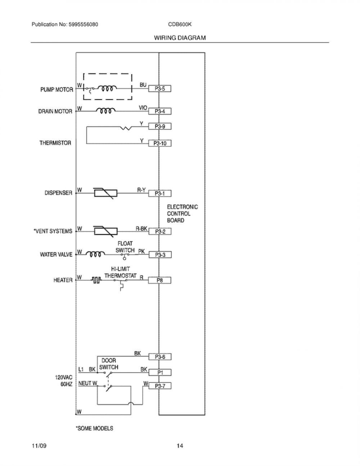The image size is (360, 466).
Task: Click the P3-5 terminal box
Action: [x=160, y=89]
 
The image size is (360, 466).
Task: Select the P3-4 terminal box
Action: [x=160, y=111]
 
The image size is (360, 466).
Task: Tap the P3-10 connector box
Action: [x=160, y=143]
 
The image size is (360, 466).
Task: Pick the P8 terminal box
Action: [x=159, y=280]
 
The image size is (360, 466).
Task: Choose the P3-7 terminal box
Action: [x=160, y=386]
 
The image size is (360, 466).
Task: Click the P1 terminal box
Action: [x=160, y=372]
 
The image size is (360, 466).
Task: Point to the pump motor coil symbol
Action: [x=108, y=88]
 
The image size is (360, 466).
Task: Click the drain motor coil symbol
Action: [x=106, y=111]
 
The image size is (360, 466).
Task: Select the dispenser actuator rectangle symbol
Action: [x=105, y=193]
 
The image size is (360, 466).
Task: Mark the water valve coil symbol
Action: [x=95, y=254]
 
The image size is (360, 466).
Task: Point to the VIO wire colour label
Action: [x=143, y=108]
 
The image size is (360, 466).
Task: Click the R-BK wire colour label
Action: [x=141, y=229]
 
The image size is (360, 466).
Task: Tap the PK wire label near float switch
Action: [x=141, y=251]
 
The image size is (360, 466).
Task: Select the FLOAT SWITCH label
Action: [x=125, y=247]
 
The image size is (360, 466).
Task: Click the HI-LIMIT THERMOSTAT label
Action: [x=121, y=272]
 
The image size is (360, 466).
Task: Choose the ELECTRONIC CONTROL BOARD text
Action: [x=183, y=214]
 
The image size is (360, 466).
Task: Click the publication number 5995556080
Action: [x=84, y=24]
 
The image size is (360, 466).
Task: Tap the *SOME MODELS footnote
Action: [x=94, y=429]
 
